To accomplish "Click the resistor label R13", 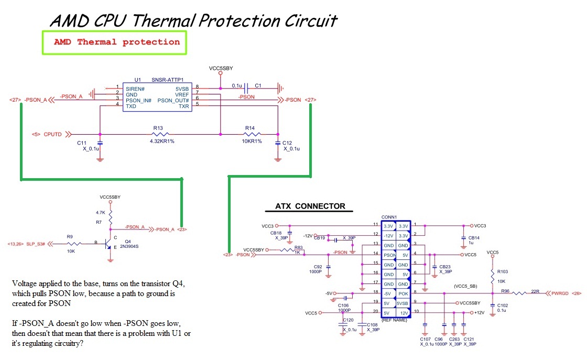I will (158, 128).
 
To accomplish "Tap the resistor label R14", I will (249, 128).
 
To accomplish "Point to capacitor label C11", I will (81, 143).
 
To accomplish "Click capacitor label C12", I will (287, 143).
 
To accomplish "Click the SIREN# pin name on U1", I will (135, 89).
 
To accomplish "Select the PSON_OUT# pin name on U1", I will (173, 100).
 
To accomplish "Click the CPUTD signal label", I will (52, 134).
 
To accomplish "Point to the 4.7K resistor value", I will (101, 213).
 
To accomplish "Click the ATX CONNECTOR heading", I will (310, 206).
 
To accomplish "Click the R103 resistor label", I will (503, 271).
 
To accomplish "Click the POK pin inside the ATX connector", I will (403, 293).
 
